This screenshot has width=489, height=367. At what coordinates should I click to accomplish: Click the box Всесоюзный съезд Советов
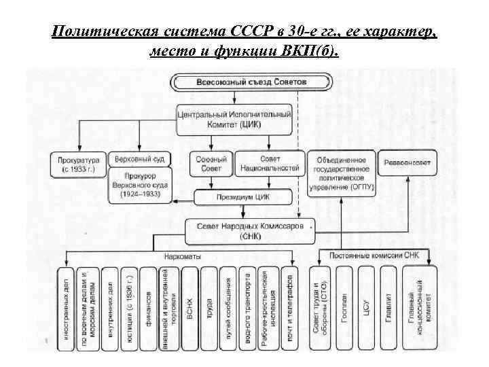pos(242,82)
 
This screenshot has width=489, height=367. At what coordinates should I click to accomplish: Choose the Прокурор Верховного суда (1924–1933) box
pos(139,184)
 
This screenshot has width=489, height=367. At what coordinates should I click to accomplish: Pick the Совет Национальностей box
pos(270,164)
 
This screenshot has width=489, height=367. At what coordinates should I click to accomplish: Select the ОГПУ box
pos(340,173)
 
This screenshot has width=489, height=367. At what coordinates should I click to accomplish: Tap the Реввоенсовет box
pos(407,163)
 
